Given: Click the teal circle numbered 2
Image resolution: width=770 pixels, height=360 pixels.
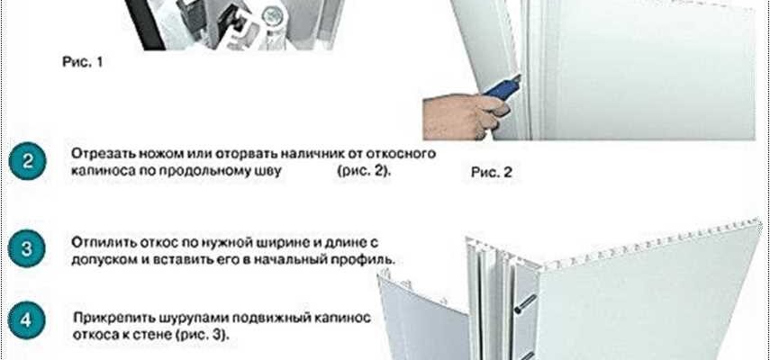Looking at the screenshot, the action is pyautogui.click(x=28, y=161).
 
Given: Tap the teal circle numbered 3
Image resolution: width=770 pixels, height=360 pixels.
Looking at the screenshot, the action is pyautogui.click(x=28, y=248).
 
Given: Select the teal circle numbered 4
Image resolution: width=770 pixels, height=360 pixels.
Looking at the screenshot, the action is pyautogui.click(x=28, y=320).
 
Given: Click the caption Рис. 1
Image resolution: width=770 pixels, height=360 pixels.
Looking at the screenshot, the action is pyautogui.click(x=83, y=62).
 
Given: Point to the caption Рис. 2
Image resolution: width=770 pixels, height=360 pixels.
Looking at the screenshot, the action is pyautogui.click(x=492, y=172).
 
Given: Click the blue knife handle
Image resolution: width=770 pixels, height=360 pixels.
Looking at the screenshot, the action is pyautogui.click(x=502, y=89).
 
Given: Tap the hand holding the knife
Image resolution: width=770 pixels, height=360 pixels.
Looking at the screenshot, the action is pyautogui.click(x=464, y=116).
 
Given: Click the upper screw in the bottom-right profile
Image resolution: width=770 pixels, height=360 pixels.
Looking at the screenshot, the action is pyautogui.click(x=525, y=303).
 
